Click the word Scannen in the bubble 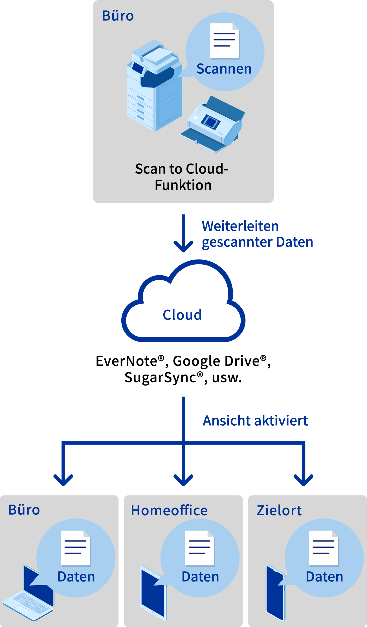click(x=224, y=69)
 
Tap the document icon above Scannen click(x=225, y=41)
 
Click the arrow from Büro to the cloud click(x=183, y=234)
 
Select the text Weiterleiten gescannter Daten click(x=257, y=234)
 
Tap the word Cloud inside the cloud click(x=182, y=315)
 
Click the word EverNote click(x=126, y=361)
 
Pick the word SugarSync click(x=160, y=377)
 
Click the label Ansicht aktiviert click(x=255, y=421)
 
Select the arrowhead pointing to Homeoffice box click(x=183, y=479)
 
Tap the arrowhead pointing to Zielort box click(x=304, y=479)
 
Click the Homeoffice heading click(x=169, y=510)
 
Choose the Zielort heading click(x=279, y=510)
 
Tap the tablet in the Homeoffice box click(x=153, y=592)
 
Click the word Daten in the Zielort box click(x=324, y=577)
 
